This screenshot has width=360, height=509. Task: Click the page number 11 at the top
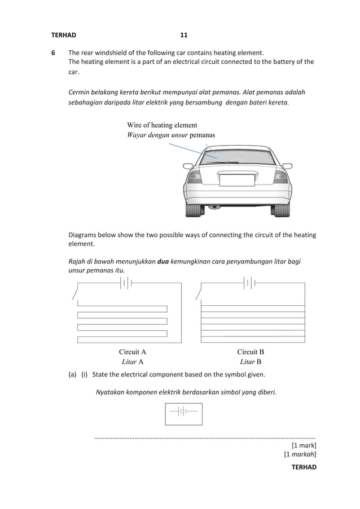click(x=183, y=35)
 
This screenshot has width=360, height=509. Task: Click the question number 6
click(x=54, y=54)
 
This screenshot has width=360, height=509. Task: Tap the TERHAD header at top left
click(x=63, y=35)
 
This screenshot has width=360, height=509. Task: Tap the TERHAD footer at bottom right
click(x=304, y=467)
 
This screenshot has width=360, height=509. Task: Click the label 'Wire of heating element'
click(x=162, y=125)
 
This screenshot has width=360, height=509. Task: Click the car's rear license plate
click(x=237, y=180)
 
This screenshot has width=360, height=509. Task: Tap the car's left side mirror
click(x=188, y=166)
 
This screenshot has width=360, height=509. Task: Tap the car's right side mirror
click(x=287, y=166)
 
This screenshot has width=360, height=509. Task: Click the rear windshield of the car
click(x=238, y=155)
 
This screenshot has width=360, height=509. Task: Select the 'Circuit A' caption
click(x=133, y=352)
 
